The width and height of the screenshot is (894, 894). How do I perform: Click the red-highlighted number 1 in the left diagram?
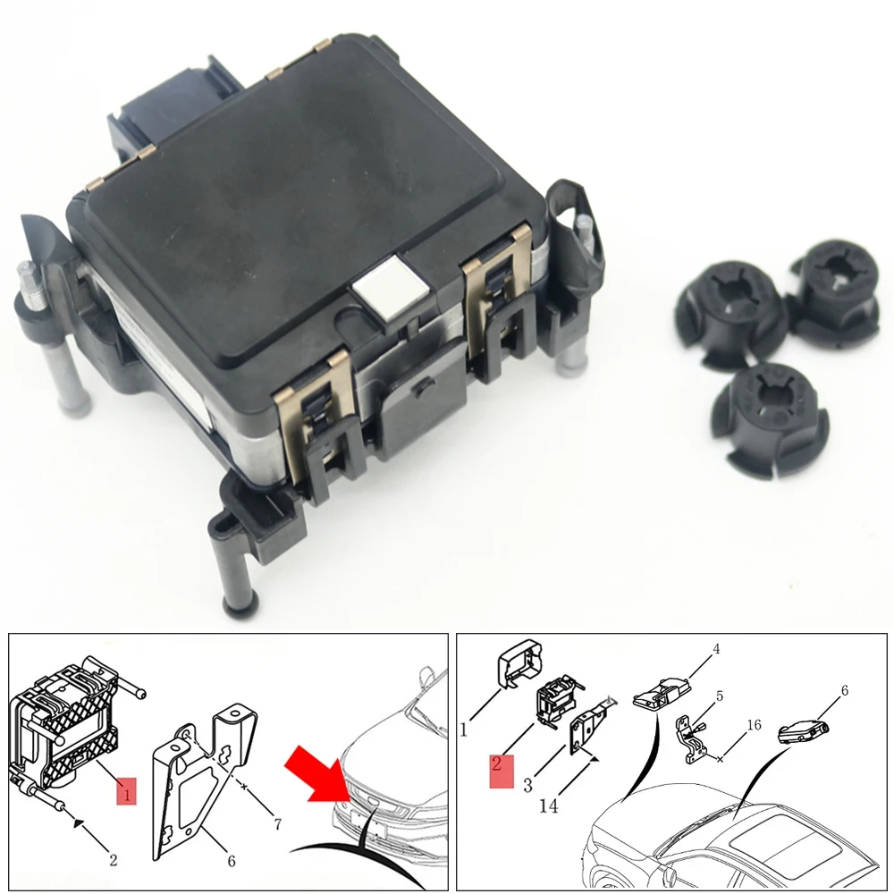tap(127, 790)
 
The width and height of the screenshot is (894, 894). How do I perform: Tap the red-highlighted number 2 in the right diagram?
tap(502, 771)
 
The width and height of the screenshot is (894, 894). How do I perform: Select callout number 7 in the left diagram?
tap(278, 824)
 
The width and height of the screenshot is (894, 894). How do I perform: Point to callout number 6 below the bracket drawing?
tap(232, 861)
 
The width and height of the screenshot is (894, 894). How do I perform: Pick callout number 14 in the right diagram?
tap(549, 805)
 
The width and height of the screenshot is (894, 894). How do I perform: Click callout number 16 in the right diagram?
tap(754, 725)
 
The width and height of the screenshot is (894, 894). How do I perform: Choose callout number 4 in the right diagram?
tap(717, 649)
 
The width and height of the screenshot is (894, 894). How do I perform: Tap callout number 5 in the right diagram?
tap(720, 696)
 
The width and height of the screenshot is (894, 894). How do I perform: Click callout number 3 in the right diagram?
tap(528, 785)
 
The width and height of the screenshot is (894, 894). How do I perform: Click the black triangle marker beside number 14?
tap(593, 759)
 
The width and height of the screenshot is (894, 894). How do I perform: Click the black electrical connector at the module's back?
tap(171, 108)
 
